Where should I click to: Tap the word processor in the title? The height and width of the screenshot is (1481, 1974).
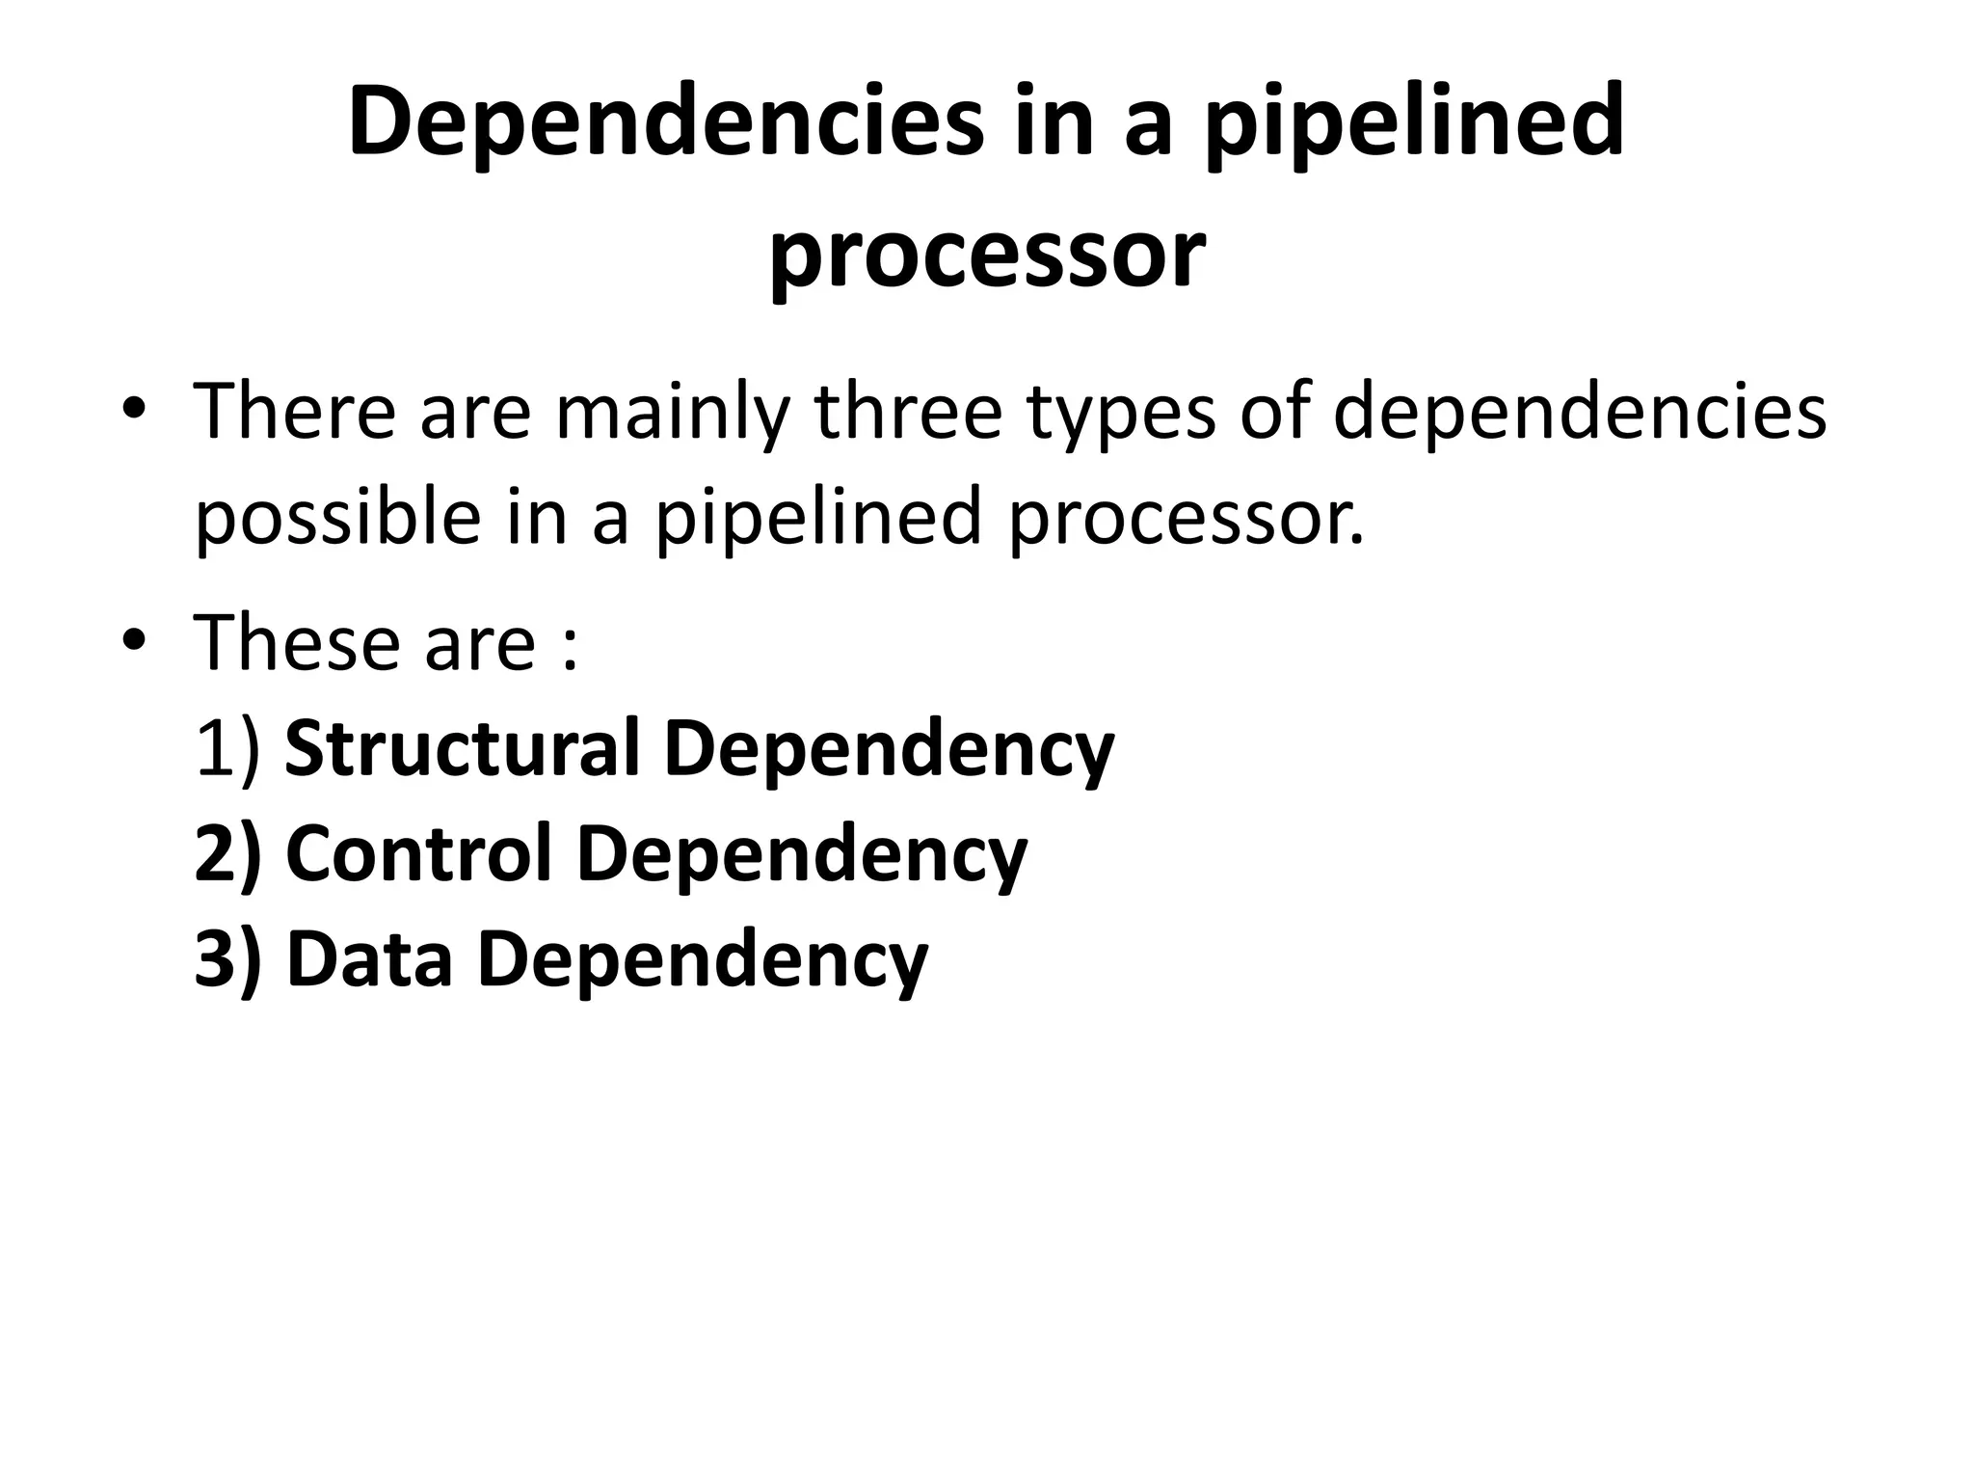click(986, 255)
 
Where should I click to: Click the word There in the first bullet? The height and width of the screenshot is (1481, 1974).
click(295, 411)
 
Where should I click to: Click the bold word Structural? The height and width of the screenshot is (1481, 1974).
click(463, 749)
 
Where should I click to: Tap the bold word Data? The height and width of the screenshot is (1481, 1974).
click(370, 960)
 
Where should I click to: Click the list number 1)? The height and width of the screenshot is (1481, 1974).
click(227, 749)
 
